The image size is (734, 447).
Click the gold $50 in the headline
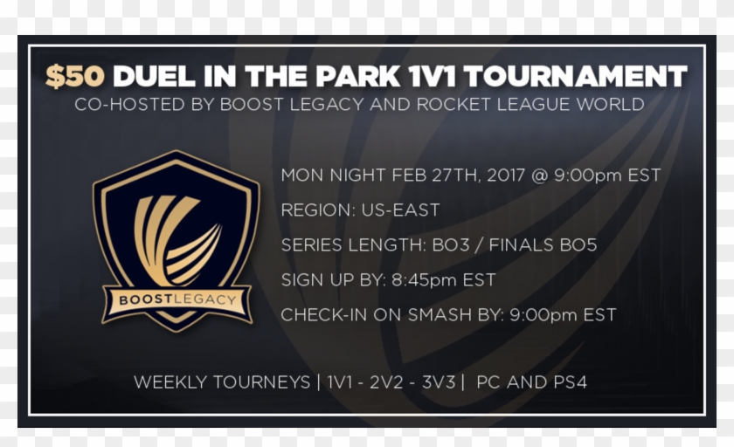pyautogui.click(x=75, y=76)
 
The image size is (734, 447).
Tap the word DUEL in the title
pyautogui.click(x=154, y=76)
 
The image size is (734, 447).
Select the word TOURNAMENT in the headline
pyautogui.click(x=575, y=76)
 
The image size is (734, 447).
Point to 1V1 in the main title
pyautogui.click(x=432, y=76)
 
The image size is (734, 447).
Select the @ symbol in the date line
pyautogui.click(x=540, y=175)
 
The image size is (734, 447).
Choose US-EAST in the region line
pyautogui.click(x=400, y=210)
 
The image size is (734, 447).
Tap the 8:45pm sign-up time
pyautogui.click(x=424, y=280)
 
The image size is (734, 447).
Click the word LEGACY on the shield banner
pyautogui.click(x=205, y=299)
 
